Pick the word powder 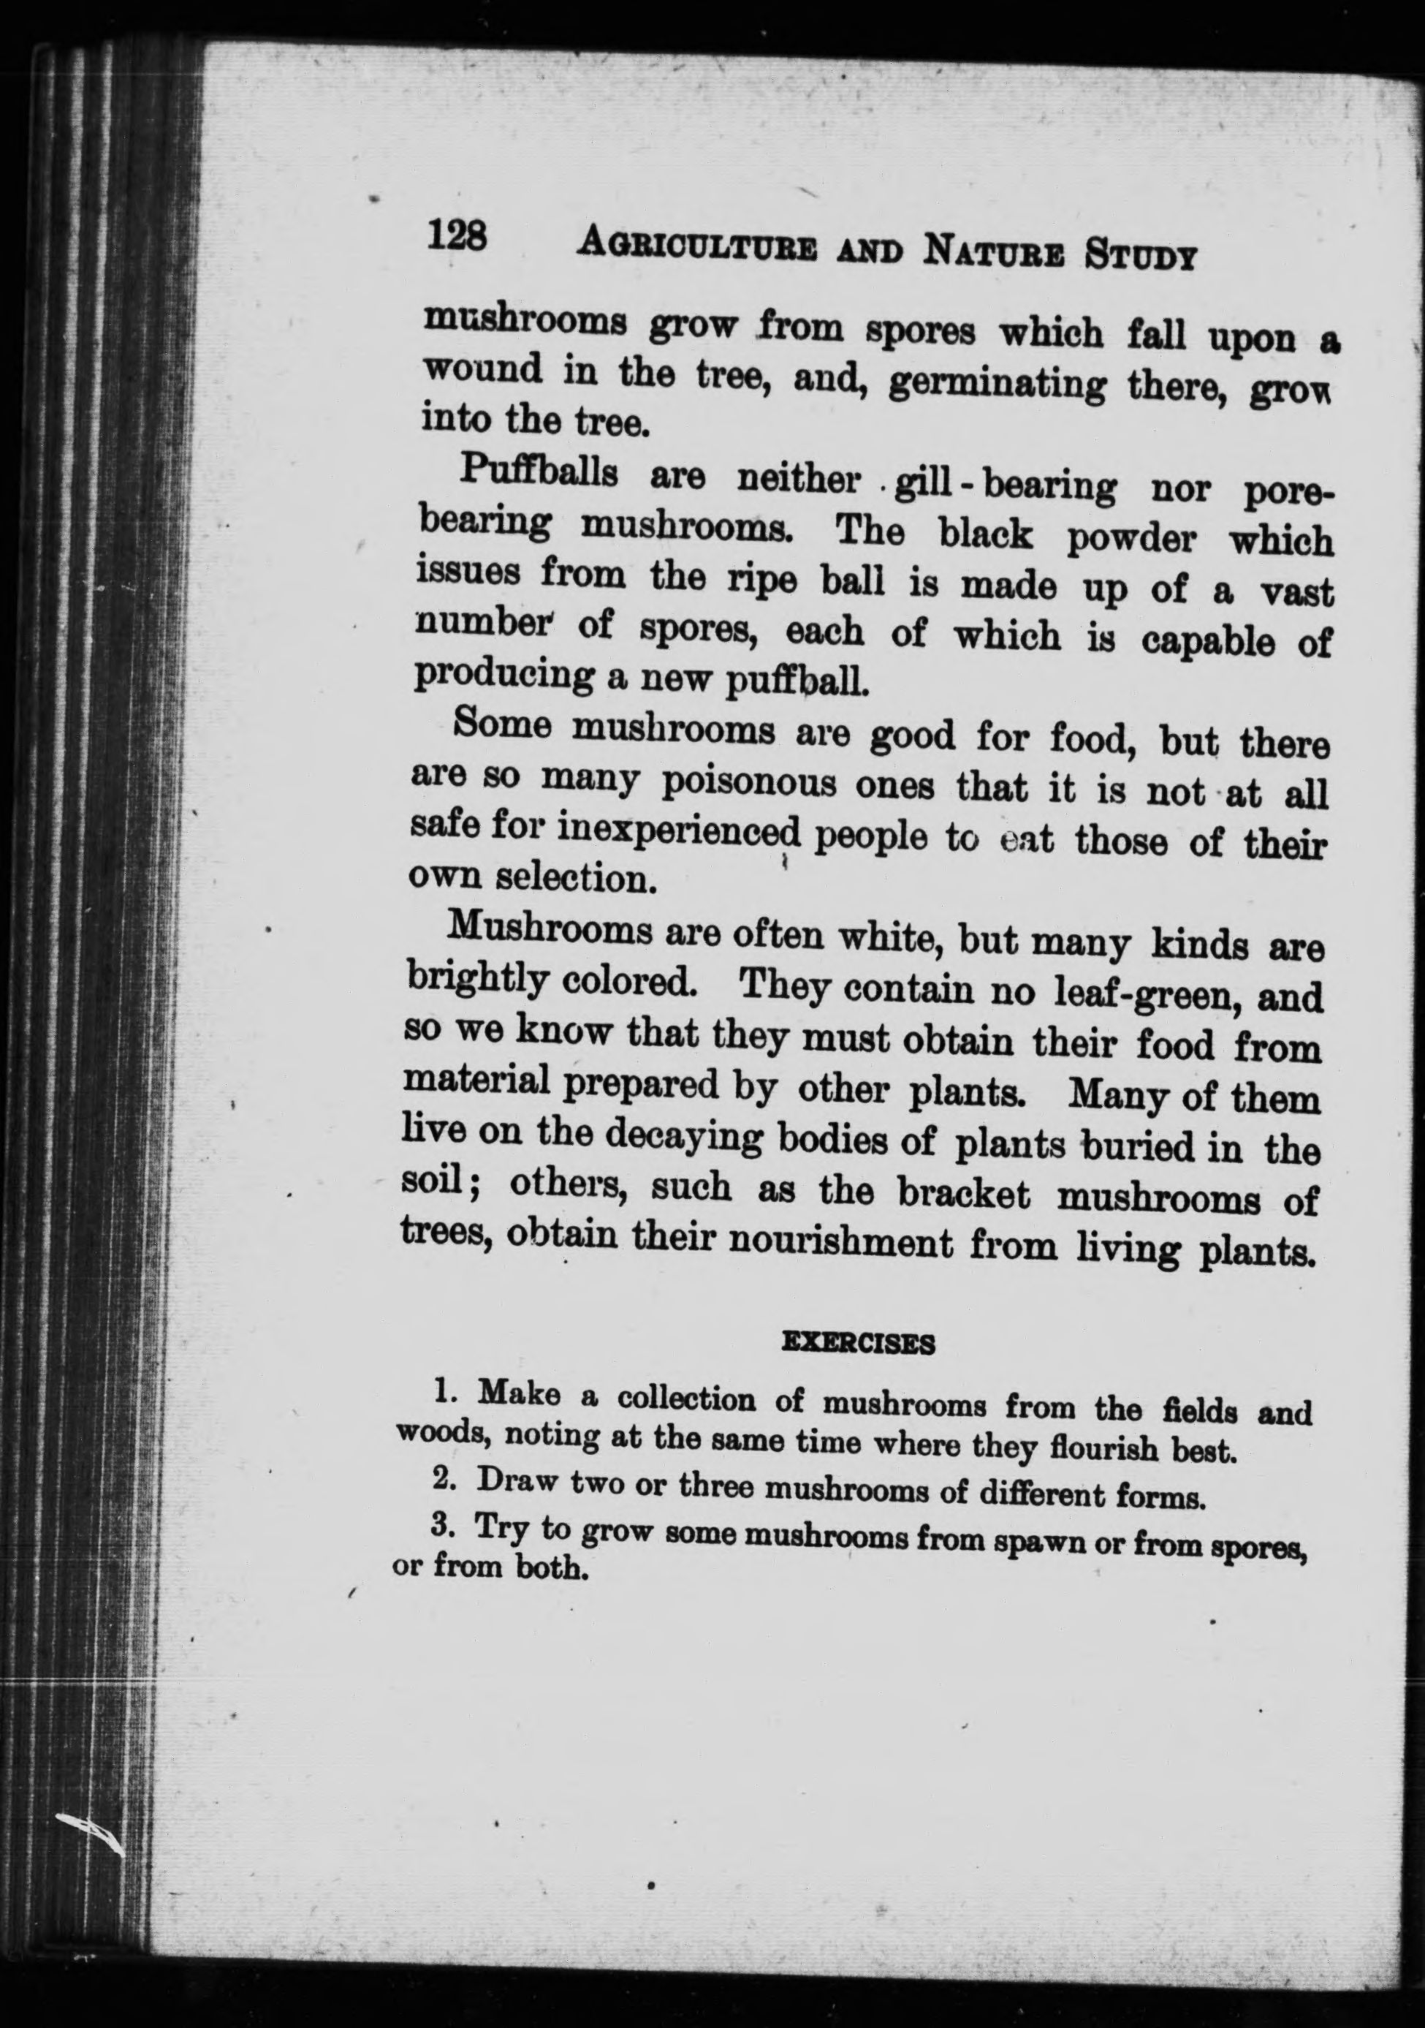point(1130,539)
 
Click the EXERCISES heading point(858,1344)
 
